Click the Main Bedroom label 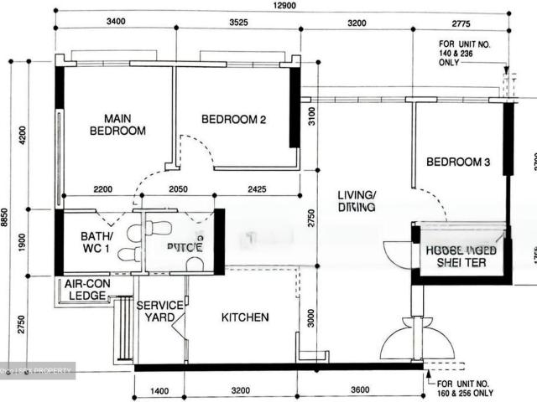tap(117, 125)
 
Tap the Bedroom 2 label tap(233, 120)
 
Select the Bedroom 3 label tap(457, 162)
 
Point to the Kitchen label tap(245, 317)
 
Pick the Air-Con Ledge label tap(87, 290)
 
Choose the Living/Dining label tap(357, 201)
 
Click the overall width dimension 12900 tap(282, 8)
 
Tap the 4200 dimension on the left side tap(23, 134)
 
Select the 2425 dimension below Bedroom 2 tap(257, 190)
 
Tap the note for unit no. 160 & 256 tap(466, 387)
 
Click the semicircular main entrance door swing tap(404, 342)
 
